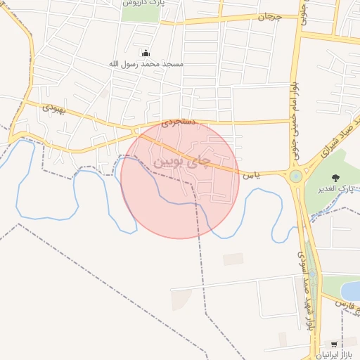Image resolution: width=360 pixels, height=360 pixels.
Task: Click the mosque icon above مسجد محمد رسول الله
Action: coord(146,53)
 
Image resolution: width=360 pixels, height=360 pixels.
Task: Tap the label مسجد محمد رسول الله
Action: coord(146,64)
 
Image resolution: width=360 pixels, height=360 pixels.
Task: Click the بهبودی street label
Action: coord(53,108)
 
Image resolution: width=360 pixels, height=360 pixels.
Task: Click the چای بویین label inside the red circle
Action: coord(181,162)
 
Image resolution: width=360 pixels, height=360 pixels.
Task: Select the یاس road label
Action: coord(251,174)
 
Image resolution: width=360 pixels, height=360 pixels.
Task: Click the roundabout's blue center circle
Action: coord(295,176)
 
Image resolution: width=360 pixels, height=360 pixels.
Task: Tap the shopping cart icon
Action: coord(333,345)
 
